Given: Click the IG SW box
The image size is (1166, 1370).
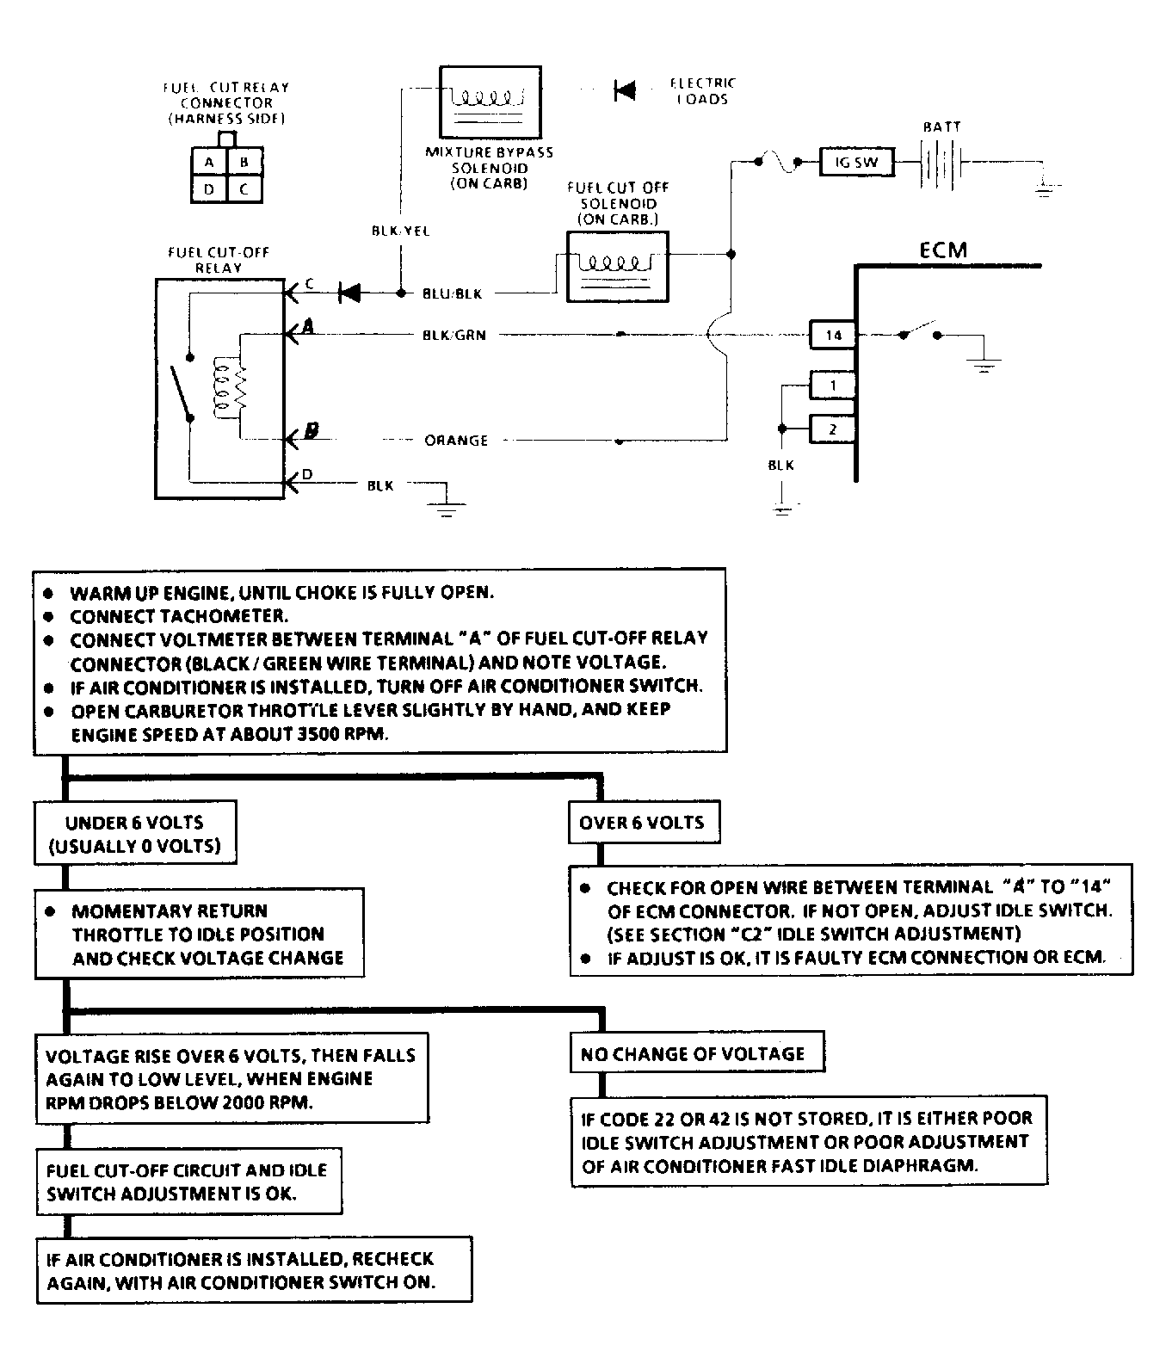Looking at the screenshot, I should click(x=855, y=162).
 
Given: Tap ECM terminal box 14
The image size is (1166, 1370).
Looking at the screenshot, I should click(x=832, y=335).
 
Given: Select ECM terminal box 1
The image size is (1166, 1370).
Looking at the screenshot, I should click(x=832, y=385).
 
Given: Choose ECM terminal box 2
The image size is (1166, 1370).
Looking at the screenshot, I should click(x=832, y=429).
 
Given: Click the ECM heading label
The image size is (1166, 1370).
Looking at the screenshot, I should click(x=943, y=250).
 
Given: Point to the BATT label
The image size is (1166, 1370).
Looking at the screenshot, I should click(x=941, y=127).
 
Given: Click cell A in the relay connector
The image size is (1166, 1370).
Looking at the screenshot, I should click(x=209, y=162).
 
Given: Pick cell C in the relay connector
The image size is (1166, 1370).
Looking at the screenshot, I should click(x=244, y=188).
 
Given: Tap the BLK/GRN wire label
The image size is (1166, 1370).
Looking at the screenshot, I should click(x=453, y=335).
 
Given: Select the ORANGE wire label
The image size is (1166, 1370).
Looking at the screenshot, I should click(x=456, y=441).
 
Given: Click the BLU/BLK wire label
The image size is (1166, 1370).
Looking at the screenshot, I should click(x=453, y=293).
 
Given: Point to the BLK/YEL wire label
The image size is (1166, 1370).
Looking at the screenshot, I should click(x=400, y=231).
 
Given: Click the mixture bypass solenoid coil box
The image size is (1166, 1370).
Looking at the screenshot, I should click(x=490, y=98).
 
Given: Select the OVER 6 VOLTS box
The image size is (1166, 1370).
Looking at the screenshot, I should click(x=643, y=823).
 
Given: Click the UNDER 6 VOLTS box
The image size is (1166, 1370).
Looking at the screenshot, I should click(x=134, y=834).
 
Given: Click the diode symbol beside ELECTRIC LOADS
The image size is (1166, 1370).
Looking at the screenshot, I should click(x=625, y=89).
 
